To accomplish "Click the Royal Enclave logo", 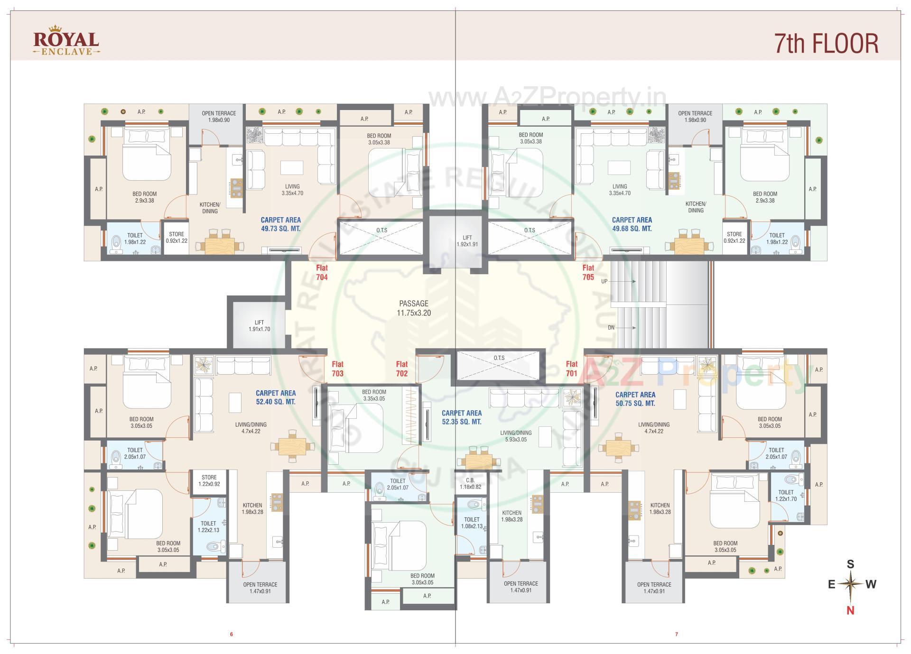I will click(x=66, y=43).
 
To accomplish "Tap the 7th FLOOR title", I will click(x=826, y=43).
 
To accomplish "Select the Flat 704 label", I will click(x=322, y=273).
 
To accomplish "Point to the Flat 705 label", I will click(x=588, y=273).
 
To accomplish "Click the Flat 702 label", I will click(x=401, y=368).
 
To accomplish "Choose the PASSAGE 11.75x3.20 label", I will click(x=413, y=308).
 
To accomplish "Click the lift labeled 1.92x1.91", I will click(x=467, y=241).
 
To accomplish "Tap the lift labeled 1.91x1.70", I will click(x=259, y=326).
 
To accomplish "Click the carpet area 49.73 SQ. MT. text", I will click(x=280, y=224).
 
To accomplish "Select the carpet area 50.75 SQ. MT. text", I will click(x=635, y=399).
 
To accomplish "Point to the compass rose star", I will click(x=851, y=584).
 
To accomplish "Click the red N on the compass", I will click(x=850, y=610).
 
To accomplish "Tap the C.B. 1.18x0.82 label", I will click(x=470, y=483).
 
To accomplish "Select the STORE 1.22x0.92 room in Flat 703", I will click(x=209, y=481).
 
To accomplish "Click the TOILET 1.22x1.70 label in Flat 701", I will click(x=786, y=496).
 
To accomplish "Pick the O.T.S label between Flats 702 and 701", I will click(x=499, y=358).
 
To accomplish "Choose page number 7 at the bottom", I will click(x=677, y=634).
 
